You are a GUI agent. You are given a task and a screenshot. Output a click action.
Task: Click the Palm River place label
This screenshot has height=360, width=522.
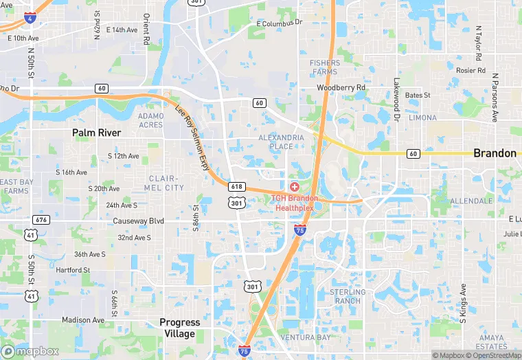[97, 133]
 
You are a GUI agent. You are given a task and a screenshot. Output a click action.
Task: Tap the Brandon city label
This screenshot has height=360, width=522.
[495, 153]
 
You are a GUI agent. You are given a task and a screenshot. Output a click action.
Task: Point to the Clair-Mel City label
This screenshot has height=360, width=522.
[166, 183]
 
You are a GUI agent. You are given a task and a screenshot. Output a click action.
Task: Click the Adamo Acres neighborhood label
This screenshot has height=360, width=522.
[151, 120]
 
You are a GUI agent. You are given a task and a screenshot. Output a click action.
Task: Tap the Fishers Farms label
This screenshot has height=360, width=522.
[325, 67]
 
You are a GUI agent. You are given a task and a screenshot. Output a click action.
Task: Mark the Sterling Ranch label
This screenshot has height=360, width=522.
[348, 297]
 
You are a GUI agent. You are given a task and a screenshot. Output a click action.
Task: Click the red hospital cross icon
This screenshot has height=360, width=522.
[295, 187]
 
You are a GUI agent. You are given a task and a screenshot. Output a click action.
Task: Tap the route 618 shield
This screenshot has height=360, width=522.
[237, 187]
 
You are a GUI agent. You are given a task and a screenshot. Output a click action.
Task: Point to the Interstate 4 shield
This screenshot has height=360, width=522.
[30, 16]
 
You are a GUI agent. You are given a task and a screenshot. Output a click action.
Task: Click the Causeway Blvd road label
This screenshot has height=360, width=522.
[139, 221]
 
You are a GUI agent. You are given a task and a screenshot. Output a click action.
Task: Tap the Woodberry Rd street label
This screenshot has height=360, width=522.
[341, 88]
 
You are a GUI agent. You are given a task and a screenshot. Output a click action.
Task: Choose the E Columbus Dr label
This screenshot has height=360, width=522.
[279, 23]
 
